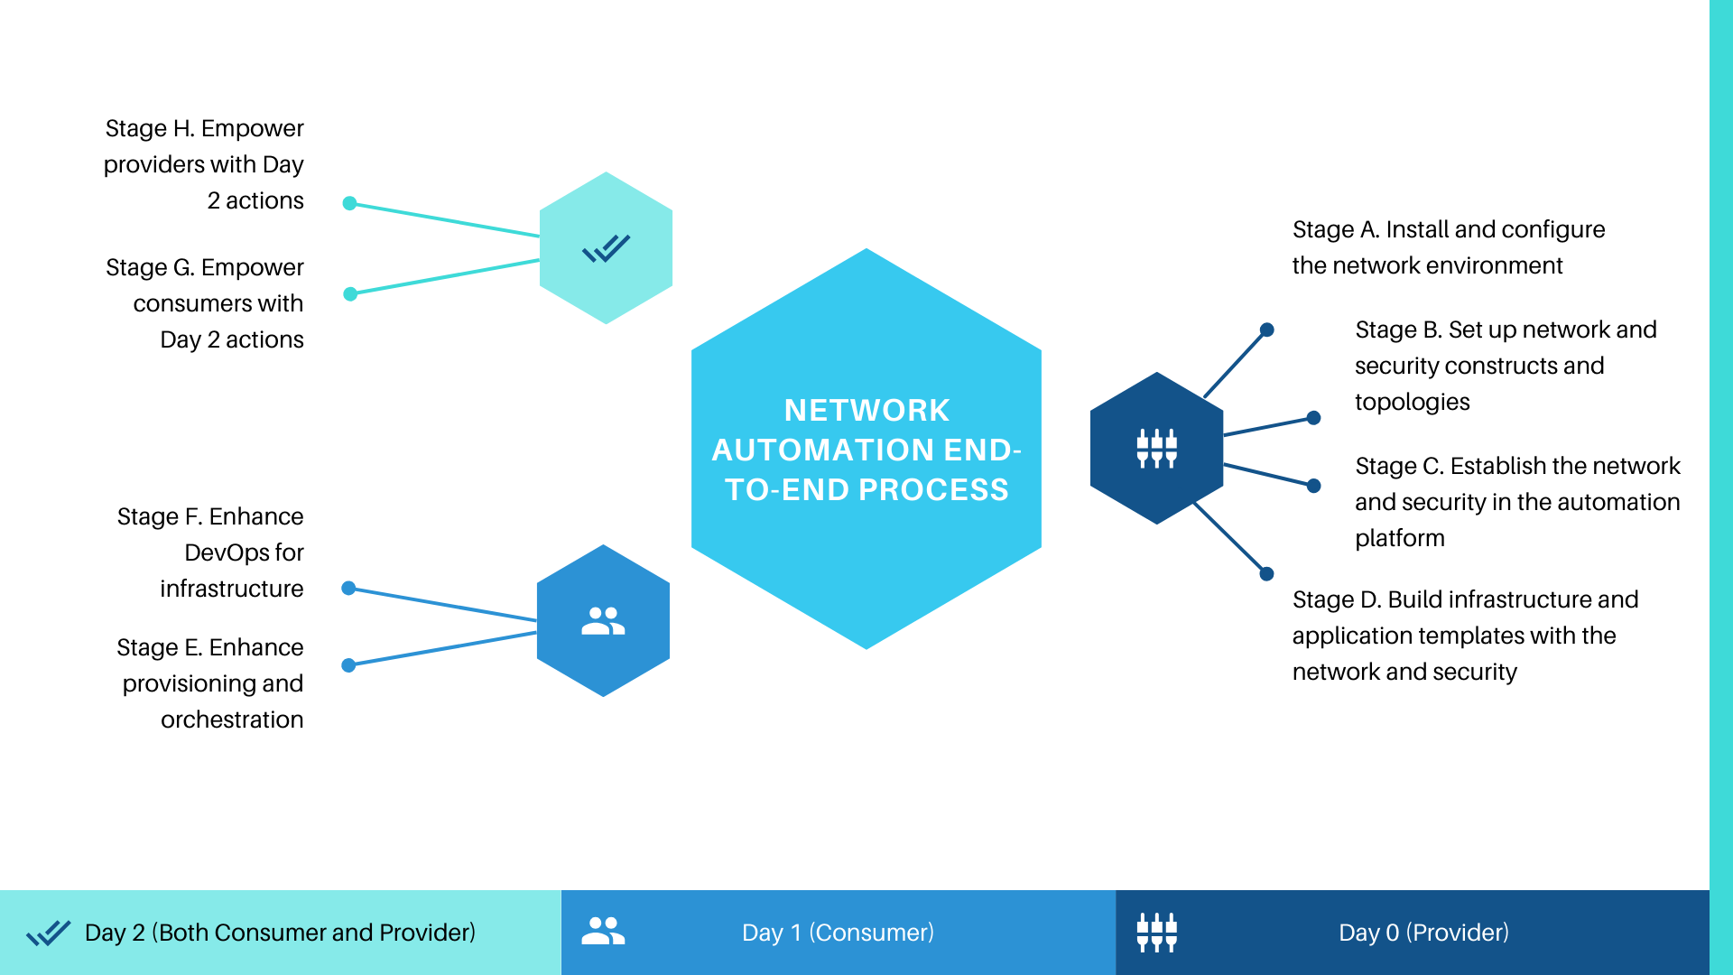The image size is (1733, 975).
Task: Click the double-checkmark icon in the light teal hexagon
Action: pos(606,248)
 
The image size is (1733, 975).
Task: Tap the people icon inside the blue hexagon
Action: pos(603,621)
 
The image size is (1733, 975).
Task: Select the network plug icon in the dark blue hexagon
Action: pos(1156,448)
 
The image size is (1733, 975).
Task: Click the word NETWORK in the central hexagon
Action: pos(866,410)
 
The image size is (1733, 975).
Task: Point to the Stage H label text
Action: pos(204,164)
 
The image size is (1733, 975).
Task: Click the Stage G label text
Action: pos(205,303)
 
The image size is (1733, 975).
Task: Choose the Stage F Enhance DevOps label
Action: pos(210,552)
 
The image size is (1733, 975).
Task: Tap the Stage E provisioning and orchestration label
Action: pos(210,683)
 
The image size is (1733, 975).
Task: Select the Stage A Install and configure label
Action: pos(1449,247)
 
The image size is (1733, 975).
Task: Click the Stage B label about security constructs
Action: pos(1506,366)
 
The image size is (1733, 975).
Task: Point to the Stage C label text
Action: pos(1517,502)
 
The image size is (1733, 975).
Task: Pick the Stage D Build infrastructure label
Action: pos(1465,636)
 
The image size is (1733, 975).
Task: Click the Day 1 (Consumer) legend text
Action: pos(838,933)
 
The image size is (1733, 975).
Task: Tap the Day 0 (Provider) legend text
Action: pos(1423,933)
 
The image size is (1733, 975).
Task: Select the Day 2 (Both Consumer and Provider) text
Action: pos(280,933)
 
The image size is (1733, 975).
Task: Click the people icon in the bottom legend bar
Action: pos(603,931)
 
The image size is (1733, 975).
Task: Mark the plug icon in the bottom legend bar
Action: pos(1156,933)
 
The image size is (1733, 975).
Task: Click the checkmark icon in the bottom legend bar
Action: pos(49,933)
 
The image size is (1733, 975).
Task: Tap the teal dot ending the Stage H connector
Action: pos(350,203)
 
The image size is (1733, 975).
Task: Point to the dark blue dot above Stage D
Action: pos(1266,573)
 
